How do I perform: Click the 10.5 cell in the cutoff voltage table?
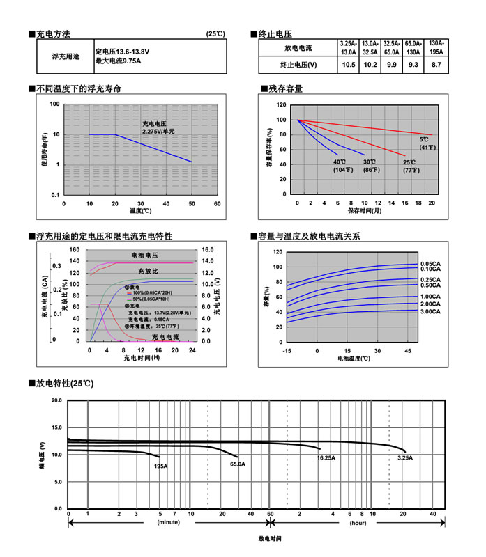pyautogui.click(x=349, y=65)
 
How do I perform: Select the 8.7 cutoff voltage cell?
pyautogui.click(x=437, y=65)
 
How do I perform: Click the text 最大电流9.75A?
pyautogui.click(x=119, y=61)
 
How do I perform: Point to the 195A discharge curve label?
pyautogui.click(x=160, y=465)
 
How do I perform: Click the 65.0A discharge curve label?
pyautogui.click(x=237, y=464)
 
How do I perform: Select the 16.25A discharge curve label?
pyautogui.click(x=326, y=457)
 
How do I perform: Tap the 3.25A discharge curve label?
pyautogui.click(x=404, y=457)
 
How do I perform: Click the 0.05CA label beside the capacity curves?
pyautogui.click(x=430, y=263)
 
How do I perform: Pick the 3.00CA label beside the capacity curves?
pyautogui.click(x=430, y=313)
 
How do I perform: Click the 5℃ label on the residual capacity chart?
pyautogui.click(x=424, y=139)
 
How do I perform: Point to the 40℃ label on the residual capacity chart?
pyautogui.click(x=340, y=162)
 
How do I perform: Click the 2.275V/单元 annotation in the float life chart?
pyautogui.click(x=158, y=131)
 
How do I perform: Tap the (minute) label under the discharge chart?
pyautogui.click(x=169, y=521)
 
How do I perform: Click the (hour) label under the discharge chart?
pyautogui.click(x=358, y=521)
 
